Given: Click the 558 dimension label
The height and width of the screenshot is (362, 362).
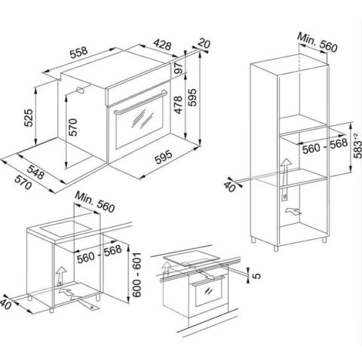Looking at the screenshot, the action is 78,53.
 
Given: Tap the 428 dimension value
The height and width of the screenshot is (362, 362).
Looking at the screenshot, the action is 162,44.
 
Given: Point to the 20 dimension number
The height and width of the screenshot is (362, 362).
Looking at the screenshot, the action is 204,43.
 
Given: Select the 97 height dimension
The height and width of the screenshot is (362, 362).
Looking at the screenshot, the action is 178,67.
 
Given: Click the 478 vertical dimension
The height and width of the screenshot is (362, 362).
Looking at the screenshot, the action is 178,105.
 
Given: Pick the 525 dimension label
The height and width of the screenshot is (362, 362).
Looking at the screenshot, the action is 28,118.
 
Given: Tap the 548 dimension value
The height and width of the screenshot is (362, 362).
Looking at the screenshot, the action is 35,172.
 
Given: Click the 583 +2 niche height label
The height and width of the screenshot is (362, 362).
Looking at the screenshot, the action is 357,146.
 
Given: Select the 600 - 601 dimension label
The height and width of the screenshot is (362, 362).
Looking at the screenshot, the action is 137,275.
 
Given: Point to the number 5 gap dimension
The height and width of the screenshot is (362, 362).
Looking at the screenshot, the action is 256,276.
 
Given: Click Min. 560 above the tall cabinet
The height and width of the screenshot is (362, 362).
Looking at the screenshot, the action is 317,42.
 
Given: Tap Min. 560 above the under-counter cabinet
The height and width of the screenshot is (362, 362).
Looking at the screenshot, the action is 94,202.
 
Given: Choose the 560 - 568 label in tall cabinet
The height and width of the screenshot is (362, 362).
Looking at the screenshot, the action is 325,146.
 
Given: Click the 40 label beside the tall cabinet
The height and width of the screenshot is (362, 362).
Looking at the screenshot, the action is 230,186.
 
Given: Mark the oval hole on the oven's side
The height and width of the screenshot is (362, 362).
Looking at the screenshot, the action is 80,90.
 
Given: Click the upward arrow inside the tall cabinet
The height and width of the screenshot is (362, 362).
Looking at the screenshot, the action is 285,179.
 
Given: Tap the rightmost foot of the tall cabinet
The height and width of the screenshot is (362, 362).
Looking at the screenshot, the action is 324,240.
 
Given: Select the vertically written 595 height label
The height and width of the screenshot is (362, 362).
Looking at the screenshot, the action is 192,97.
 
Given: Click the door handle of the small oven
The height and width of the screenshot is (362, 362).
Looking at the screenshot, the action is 208,280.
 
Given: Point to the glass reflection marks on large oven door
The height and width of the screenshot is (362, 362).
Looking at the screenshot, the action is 142,118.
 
